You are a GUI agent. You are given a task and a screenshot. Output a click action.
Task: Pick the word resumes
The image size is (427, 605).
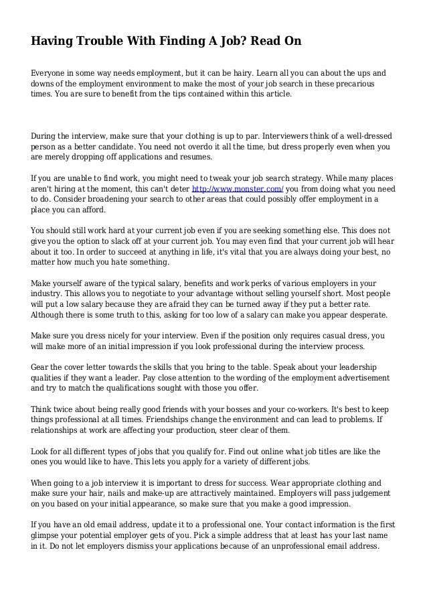(x=191, y=157)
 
